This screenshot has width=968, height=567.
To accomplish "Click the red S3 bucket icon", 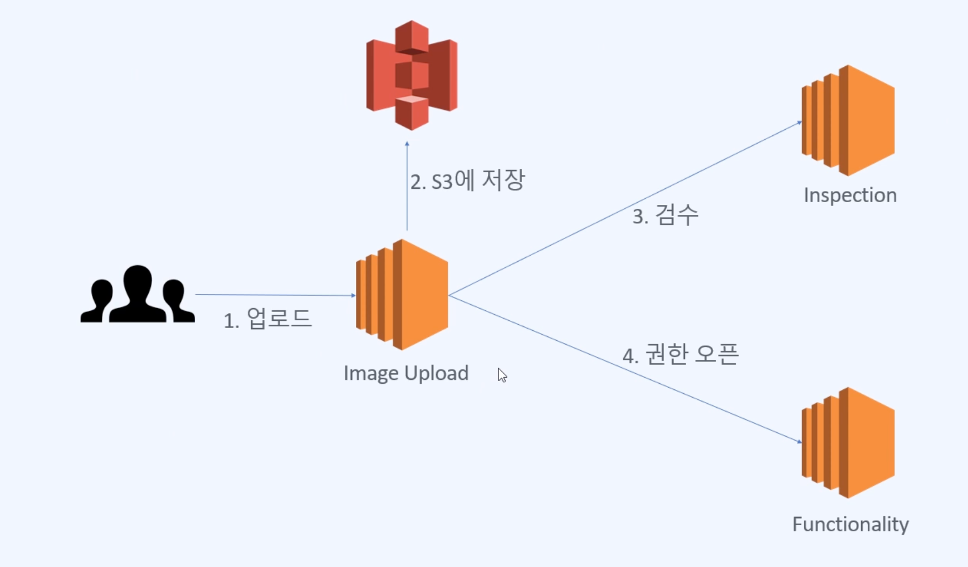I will click(412, 75).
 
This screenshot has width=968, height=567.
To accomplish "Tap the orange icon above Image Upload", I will click(402, 295).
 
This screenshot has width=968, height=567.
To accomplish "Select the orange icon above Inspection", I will click(848, 120).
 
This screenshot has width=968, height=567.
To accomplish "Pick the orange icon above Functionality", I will click(848, 443).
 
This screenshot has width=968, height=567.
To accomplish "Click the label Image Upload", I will click(406, 373).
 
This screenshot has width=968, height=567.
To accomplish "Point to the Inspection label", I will click(850, 195).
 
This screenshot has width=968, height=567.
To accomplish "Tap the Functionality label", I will click(850, 524).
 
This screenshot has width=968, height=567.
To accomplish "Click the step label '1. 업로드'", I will click(267, 319).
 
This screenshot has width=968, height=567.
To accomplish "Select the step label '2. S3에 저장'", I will click(467, 180).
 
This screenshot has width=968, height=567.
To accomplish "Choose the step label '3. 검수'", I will click(665, 215).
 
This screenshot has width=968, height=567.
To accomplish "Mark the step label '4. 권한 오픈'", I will click(681, 355).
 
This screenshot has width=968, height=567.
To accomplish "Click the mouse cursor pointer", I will click(502, 375).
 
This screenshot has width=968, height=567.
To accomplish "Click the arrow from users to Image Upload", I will click(275, 295).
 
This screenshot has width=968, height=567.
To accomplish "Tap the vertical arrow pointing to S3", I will click(407, 187).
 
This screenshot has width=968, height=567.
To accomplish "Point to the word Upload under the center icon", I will click(437, 373).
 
